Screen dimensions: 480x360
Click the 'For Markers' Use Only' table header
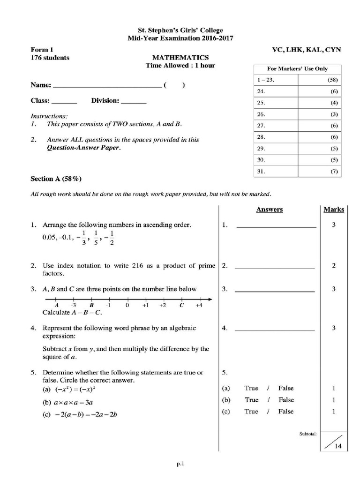297,68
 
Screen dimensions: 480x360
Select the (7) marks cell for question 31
334,172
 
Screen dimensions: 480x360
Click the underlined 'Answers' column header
269,210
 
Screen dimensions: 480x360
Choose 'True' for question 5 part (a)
251,388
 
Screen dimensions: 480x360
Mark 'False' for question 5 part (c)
286,411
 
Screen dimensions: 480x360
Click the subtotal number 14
337,447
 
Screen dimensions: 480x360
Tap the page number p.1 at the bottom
181,465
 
